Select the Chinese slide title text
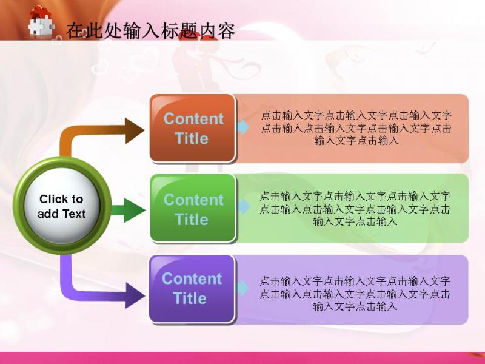[150, 31]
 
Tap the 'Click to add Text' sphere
[62, 206]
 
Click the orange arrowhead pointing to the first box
[135, 130]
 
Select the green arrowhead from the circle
[135, 211]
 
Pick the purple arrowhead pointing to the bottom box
[135, 295]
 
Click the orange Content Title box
[192, 128]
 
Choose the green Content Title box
[193, 208]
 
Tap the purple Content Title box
[192, 289]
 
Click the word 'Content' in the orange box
[193, 119]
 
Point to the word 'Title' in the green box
[192, 220]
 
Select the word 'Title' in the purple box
[190, 298]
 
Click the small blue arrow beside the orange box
[244, 127]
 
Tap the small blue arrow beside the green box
[244, 206]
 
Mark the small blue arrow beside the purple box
[243, 288]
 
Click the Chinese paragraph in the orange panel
[356, 128]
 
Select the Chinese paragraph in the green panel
[355, 209]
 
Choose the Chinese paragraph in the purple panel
[355, 294]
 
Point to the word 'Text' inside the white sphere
[74, 214]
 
